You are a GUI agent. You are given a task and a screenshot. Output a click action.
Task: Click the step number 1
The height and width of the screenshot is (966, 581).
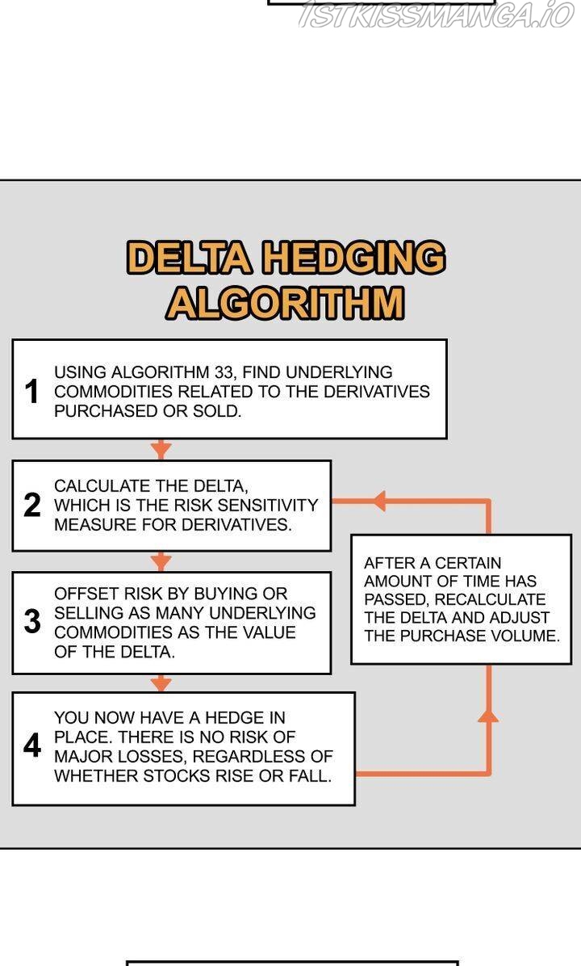[32, 392]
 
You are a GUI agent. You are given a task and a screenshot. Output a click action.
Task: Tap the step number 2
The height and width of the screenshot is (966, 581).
[32, 506]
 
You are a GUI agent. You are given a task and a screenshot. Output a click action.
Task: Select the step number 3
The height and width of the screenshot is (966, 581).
[32, 622]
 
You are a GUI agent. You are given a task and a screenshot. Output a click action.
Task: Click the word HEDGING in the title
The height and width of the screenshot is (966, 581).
[353, 258]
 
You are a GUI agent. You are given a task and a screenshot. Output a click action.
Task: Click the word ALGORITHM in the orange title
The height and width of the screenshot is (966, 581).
[285, 303]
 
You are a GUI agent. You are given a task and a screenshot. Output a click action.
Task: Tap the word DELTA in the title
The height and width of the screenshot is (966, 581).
[190, 258]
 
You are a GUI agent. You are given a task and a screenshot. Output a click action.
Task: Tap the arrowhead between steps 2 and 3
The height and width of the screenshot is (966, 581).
[161, 561]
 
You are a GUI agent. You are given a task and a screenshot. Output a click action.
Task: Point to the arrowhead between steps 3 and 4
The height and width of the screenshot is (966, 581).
[161, 683]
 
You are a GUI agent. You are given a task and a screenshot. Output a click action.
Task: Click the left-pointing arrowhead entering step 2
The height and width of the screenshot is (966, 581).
[377, 501]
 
